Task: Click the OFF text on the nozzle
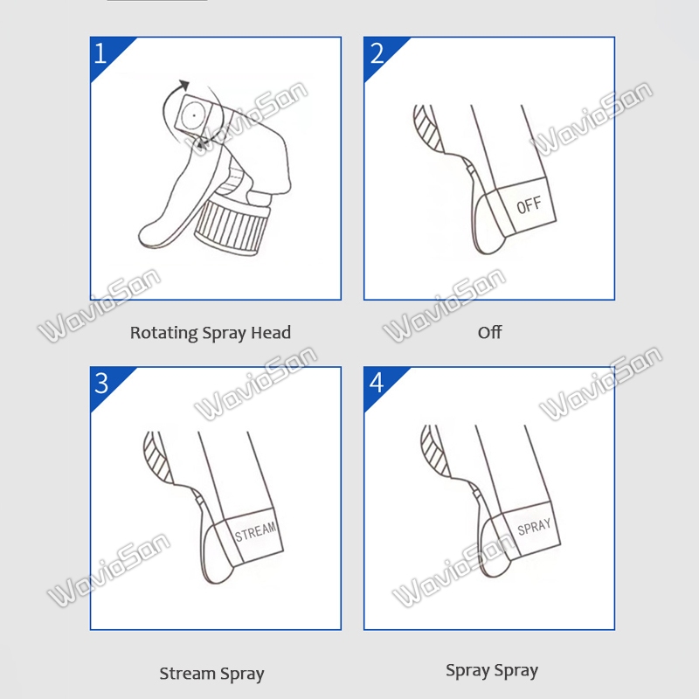[x=529, y=204]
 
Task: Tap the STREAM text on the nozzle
[x=255, y=531]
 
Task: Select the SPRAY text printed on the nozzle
[x=534, y=526]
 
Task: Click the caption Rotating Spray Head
[x=211, y=333]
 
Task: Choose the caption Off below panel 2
[x=489, y=332]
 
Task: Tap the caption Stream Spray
[x=211, y=674]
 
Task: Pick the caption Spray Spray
[x=492, y=670]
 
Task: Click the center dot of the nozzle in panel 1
[x=194, y=115]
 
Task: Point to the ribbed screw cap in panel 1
[x=232, y=226]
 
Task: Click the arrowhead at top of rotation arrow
[x=184, y=85]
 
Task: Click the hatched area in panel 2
[x=427, y=127]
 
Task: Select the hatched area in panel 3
[x=157, y=457]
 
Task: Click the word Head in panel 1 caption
[x=271, y=332]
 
